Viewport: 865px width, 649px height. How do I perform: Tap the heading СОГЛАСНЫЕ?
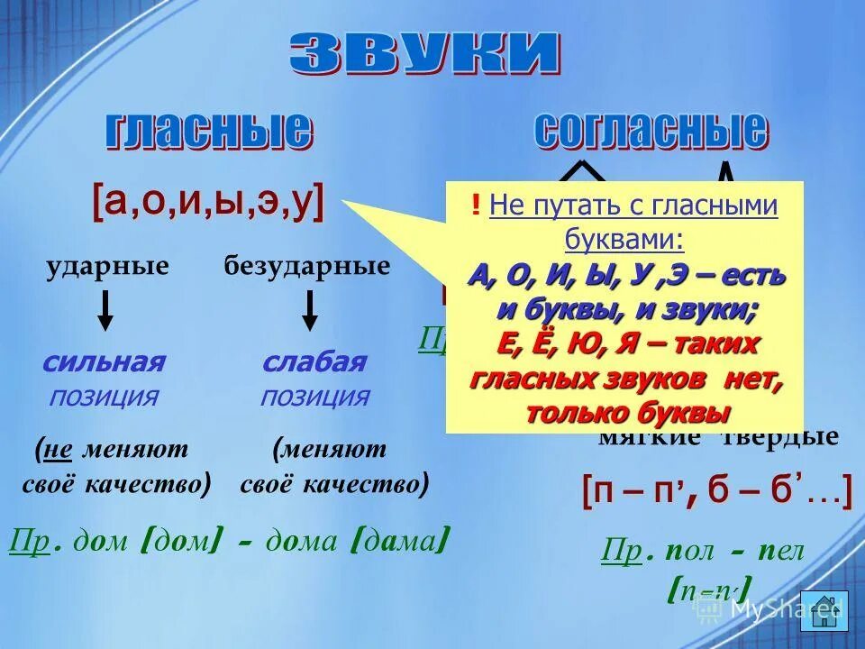point(651,131)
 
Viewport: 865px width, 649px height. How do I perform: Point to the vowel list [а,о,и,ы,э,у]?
point(208,203)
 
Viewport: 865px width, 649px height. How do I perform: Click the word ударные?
point(108,266)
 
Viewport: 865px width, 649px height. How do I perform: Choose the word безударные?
point(307,266)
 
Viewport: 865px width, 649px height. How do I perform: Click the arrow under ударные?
point(105,310)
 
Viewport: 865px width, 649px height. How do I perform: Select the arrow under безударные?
point(310,310)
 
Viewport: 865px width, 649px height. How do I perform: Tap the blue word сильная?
point(104,362)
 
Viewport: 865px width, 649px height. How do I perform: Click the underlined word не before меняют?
point(59,449)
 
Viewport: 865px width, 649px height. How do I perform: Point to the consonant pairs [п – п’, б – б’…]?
point(716,491)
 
